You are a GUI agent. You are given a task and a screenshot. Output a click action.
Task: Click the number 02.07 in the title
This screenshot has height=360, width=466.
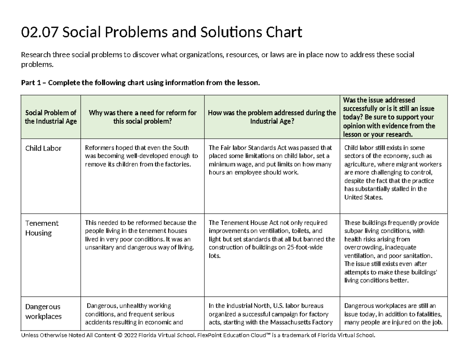click(x=39, y=33)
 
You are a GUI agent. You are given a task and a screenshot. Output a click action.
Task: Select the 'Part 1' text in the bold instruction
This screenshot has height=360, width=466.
click(x=32, y=83)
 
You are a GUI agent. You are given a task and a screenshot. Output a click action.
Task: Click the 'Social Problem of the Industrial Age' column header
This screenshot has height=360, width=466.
click(x=51, y=117)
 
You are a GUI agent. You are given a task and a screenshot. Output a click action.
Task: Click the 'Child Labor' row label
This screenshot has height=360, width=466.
click(x=43, y=148)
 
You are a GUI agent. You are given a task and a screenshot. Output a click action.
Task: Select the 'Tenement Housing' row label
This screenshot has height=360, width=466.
click(x=42, y=228)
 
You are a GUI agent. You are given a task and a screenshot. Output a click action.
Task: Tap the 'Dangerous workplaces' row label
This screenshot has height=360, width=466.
click(x=43, y=311)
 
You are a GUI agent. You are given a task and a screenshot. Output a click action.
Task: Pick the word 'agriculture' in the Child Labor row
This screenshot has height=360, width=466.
click(x=359, y=164)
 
